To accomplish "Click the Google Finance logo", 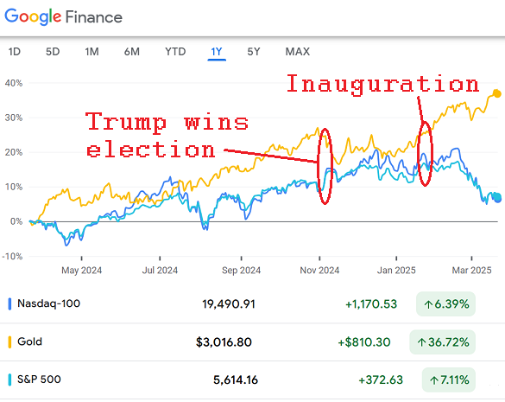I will click(61, 16).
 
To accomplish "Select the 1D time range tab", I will click(15, 52).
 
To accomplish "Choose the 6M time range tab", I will click(132, 52).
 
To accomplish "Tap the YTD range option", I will click(175, 52).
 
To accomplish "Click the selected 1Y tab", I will click(216, 52).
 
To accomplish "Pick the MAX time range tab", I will click(298, 52).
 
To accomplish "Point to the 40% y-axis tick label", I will click(12, 83).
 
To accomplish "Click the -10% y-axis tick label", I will click(12, 256).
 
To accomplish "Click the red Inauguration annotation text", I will click(382, 84).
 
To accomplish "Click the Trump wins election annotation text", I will click(167, 135).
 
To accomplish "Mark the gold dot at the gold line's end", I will click(496, 93).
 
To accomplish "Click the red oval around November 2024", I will click(325, 166).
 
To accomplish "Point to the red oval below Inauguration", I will click(424, 153).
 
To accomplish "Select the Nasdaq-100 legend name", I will click(49, 303).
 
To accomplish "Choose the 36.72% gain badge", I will click(445, 341).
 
